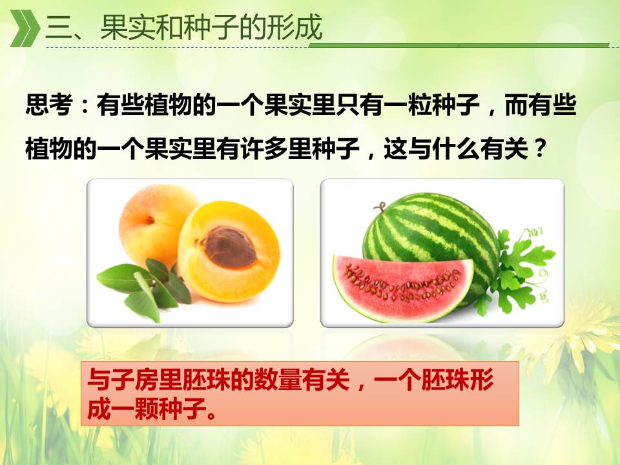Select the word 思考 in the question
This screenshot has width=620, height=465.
[x=49, y=105]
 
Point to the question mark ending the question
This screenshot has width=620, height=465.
[x=539, y=149]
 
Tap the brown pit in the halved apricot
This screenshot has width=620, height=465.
[x=230, y=247]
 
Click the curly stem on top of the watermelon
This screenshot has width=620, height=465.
[x=380, y=207]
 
